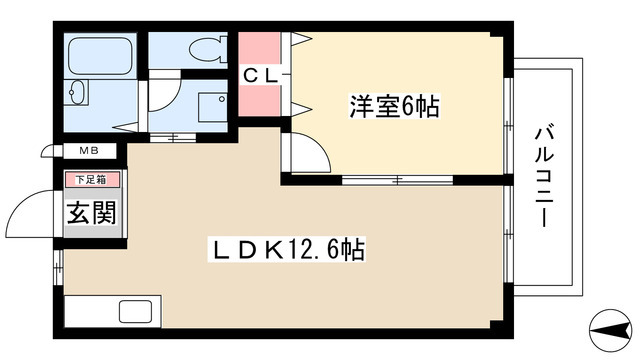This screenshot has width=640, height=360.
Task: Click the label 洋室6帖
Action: pos(393,105)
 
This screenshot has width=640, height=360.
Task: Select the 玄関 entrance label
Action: pos(90,214)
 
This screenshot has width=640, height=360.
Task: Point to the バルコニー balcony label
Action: pos(545,175)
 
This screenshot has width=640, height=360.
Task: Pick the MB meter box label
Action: pos(89,152)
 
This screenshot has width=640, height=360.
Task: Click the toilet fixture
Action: pos(206,48)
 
